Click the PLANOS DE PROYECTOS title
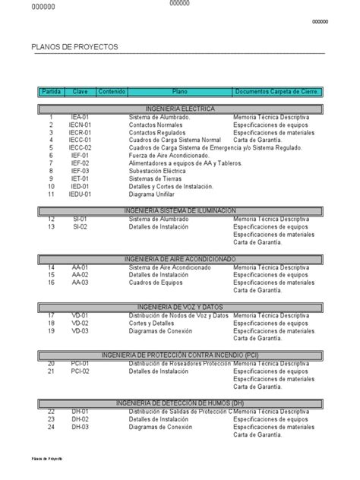(x=75, y=47)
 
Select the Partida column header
(x=51, y=92)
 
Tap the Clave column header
(x=81, y=92)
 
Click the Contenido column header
(x=112, y=92)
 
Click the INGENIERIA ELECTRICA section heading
(x=179, y=109)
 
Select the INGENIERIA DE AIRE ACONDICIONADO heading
(x=179, y=259)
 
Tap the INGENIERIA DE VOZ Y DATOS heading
(x=179, y=306)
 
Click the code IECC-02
(x=81, y=148)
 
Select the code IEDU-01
(x=81, y=194)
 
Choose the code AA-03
(x=81, y=283)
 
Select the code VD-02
(x=81, y=323)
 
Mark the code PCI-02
(x=81, y=371)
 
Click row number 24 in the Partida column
(x=51, y=427)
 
